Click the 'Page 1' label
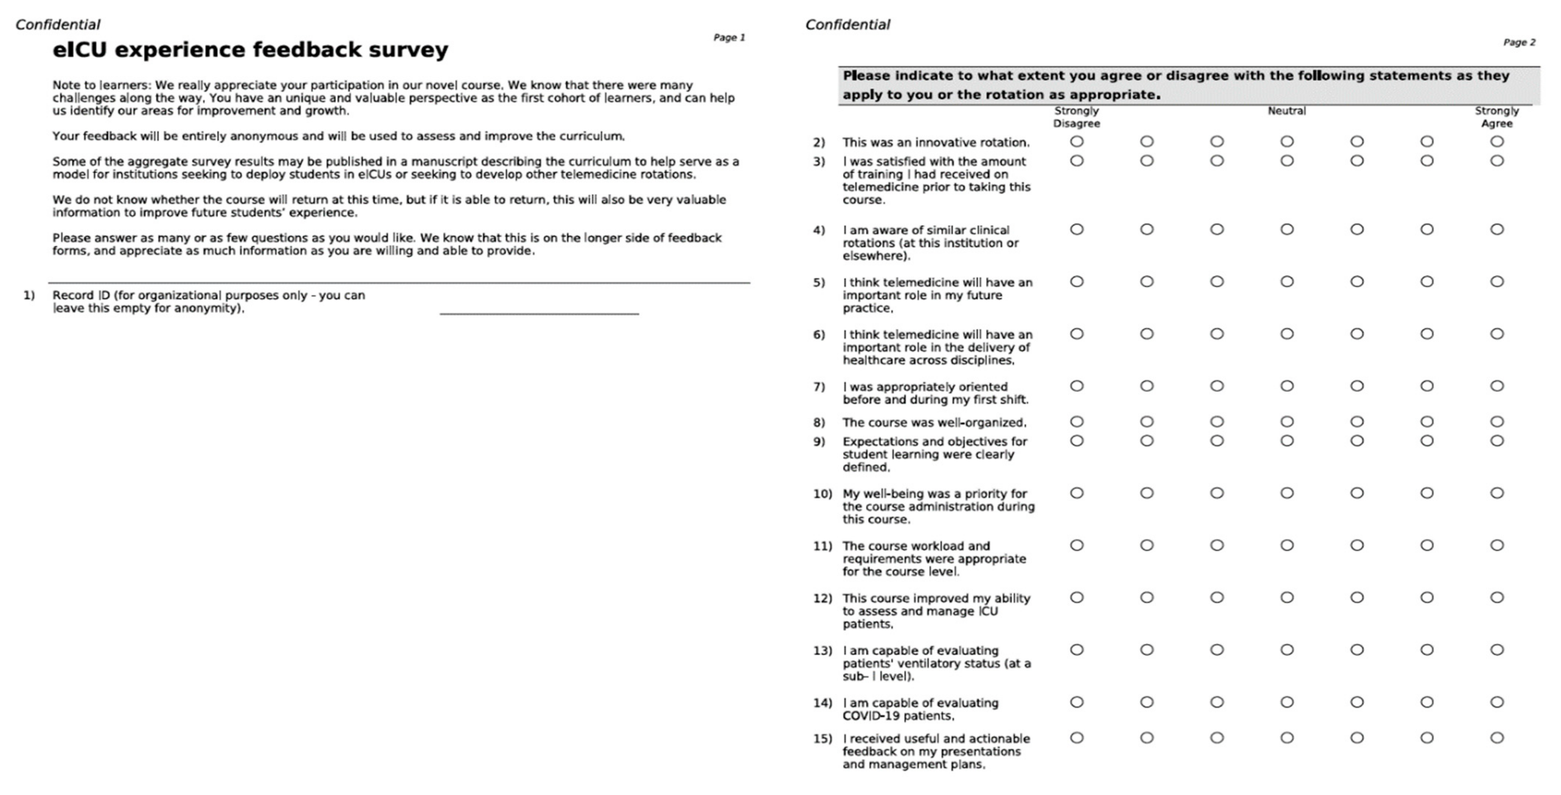click(729, 38)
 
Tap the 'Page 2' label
click(1519, 42)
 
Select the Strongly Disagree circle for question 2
click(1076, 142)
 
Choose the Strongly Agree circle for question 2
click(1497, 142)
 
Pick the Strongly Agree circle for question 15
click(1497, 738)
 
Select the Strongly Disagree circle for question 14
click(1076, 702)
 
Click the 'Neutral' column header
click(1286, 111)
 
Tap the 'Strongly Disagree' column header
click(1076, 117)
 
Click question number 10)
click(822, 494)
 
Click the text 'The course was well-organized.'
click(934, 422)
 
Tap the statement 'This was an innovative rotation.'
click(936, 142)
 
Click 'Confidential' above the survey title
click(58, 25)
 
